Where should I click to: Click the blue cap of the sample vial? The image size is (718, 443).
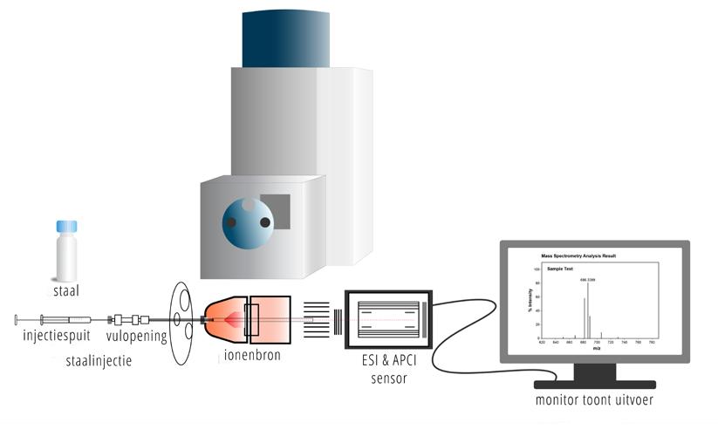66,227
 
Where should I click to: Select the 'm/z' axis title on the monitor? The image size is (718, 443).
597,348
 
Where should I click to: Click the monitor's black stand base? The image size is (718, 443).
594,384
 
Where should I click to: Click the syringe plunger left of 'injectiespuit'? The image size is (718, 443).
26,320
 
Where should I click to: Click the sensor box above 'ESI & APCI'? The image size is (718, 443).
389,319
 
